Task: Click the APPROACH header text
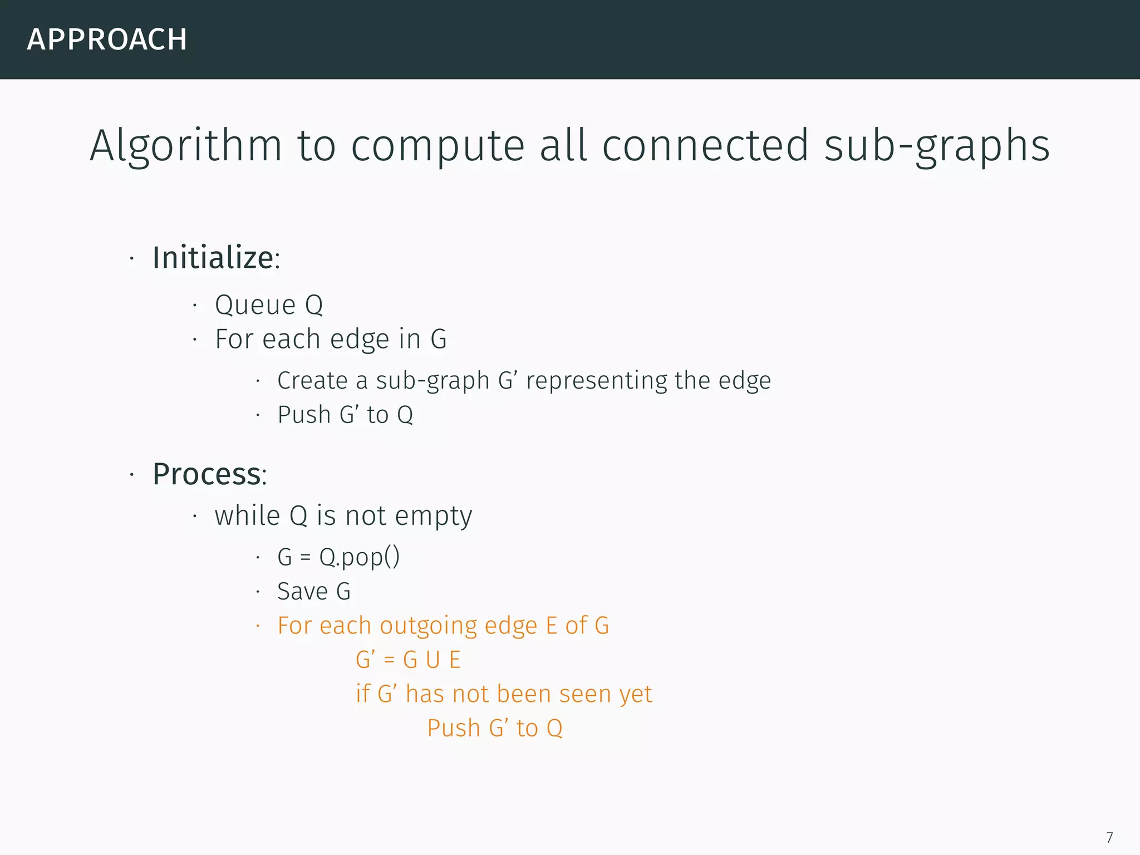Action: (107, 40)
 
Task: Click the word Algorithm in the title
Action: (186, 146)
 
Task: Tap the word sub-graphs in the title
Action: (937, 146)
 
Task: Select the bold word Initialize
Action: (213, 258)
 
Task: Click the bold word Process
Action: (207, 474)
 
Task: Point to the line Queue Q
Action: (269, 305)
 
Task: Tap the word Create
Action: (312, 381)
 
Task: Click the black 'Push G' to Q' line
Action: (345, 415)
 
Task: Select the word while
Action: (247, 515)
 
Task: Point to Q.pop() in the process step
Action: (359, 557)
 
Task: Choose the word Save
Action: (302, 591)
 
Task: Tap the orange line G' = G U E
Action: (408, 660)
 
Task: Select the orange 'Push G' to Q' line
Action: (495, 728)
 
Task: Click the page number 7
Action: (1109, 838)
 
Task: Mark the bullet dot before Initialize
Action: (132, 259)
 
